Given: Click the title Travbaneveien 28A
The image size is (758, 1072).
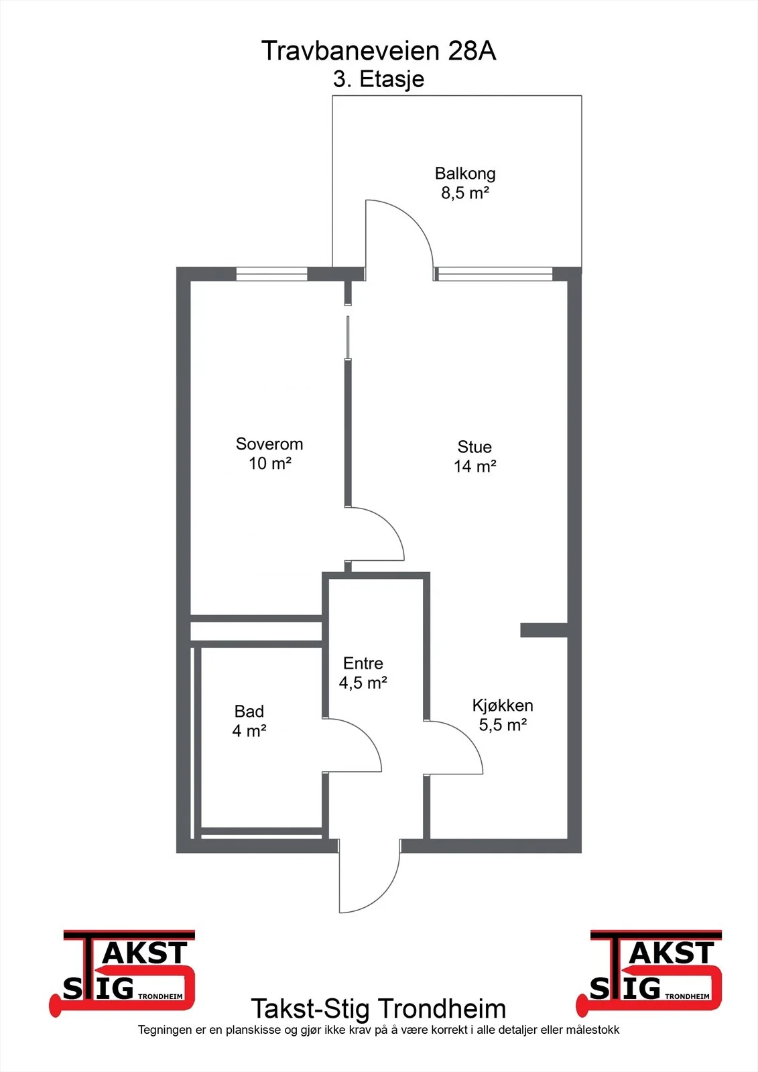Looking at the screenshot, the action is (x=378, y=51).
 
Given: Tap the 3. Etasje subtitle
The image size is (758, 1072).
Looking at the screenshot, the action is (x=378, y=79).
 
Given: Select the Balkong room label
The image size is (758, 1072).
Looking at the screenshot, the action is (x=465, y=174).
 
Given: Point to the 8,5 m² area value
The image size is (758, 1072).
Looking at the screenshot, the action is (x=465, y=192).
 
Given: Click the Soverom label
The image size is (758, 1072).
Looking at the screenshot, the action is (x=269, y=444).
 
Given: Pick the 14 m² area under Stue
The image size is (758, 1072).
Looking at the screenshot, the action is (x=475, y=466).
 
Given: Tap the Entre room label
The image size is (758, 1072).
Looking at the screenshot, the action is (x=363, y=663).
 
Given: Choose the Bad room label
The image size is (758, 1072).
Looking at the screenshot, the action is (x=249, y=711).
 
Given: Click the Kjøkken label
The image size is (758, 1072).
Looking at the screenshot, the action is (x=502, y=706).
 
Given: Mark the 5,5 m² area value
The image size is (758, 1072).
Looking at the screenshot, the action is (x=503, y=724).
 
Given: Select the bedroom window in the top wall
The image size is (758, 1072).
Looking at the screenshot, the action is (x=271, y=274).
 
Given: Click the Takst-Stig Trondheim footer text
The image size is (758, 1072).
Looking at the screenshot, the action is (x=378, y=1008).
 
